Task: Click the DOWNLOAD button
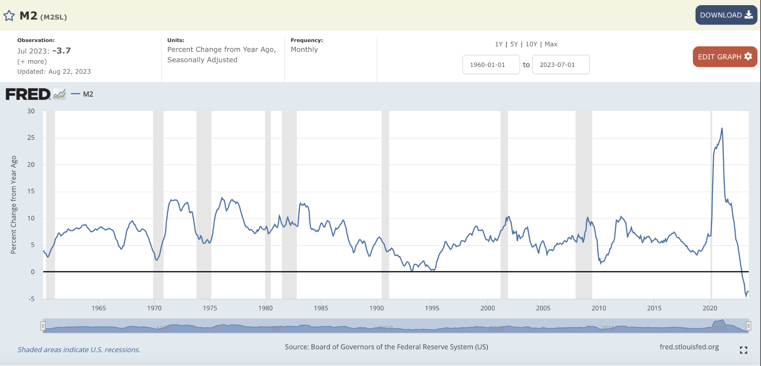[726, 15]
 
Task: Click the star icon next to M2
[9, 16]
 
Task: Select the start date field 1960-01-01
[491, 65]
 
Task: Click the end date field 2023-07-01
[560, 65]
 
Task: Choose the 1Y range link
[499, 44]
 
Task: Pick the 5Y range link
[514, 44]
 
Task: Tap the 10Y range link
[531, 44]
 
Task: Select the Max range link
[551, 44]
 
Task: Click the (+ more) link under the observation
[32, 61]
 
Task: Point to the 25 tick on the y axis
[31, 138]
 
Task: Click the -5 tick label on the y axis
[31, 299]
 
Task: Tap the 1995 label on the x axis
[432, 308]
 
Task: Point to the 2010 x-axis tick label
[598, 308]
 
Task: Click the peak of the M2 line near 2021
[722, 128]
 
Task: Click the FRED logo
[28, 94]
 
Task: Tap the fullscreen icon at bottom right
[744, 350]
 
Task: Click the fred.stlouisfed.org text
[689, 347]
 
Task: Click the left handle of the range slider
[43, 326]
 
